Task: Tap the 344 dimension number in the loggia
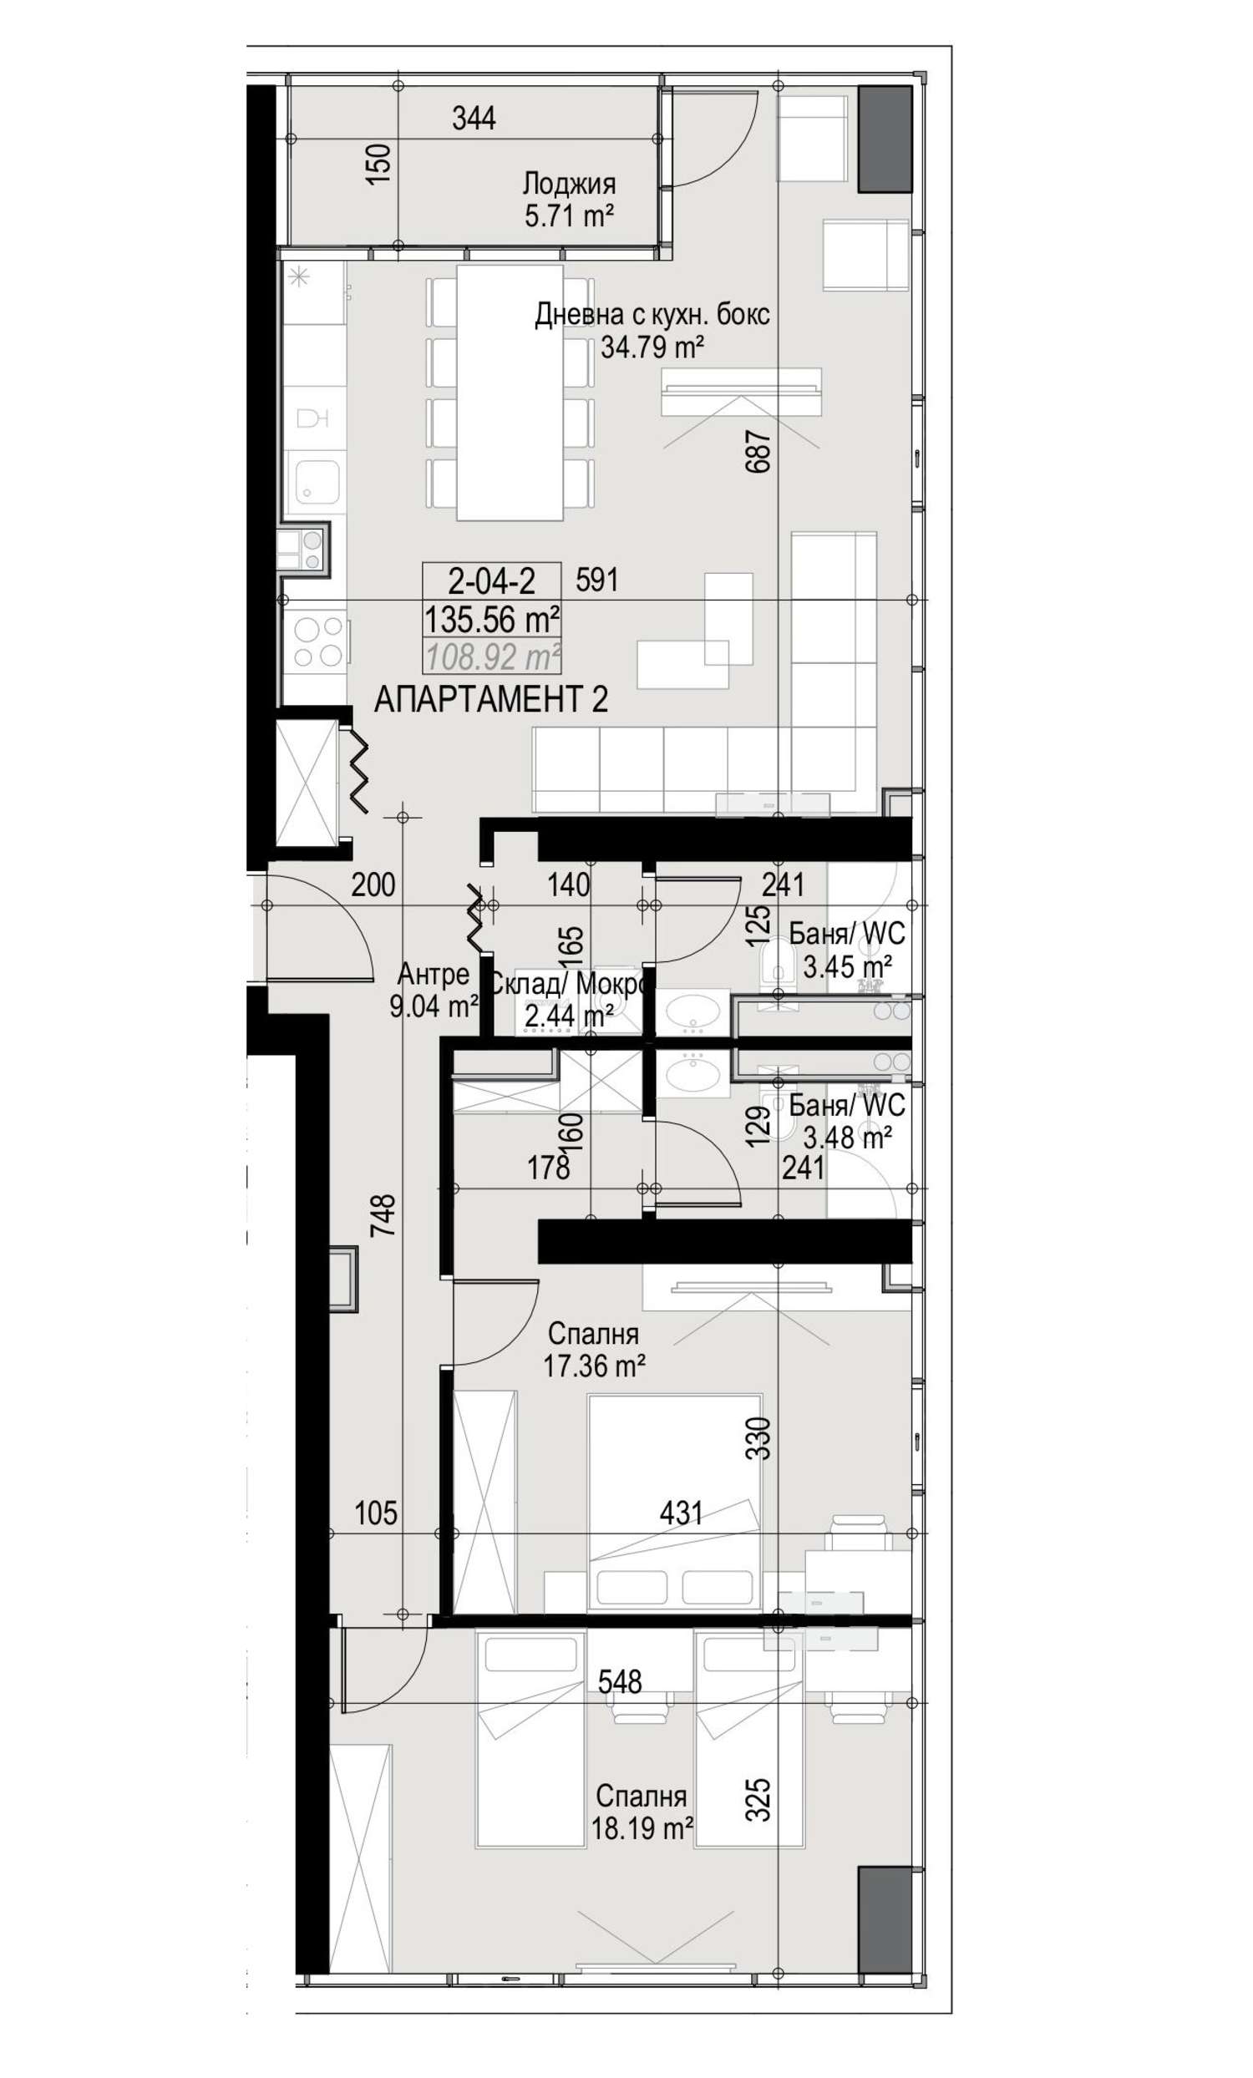[x=473, y=118]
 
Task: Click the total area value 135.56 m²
[x=490, y=619]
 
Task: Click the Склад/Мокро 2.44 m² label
[x=568, y=1000]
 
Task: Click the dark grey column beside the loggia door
[x=885, y=139]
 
